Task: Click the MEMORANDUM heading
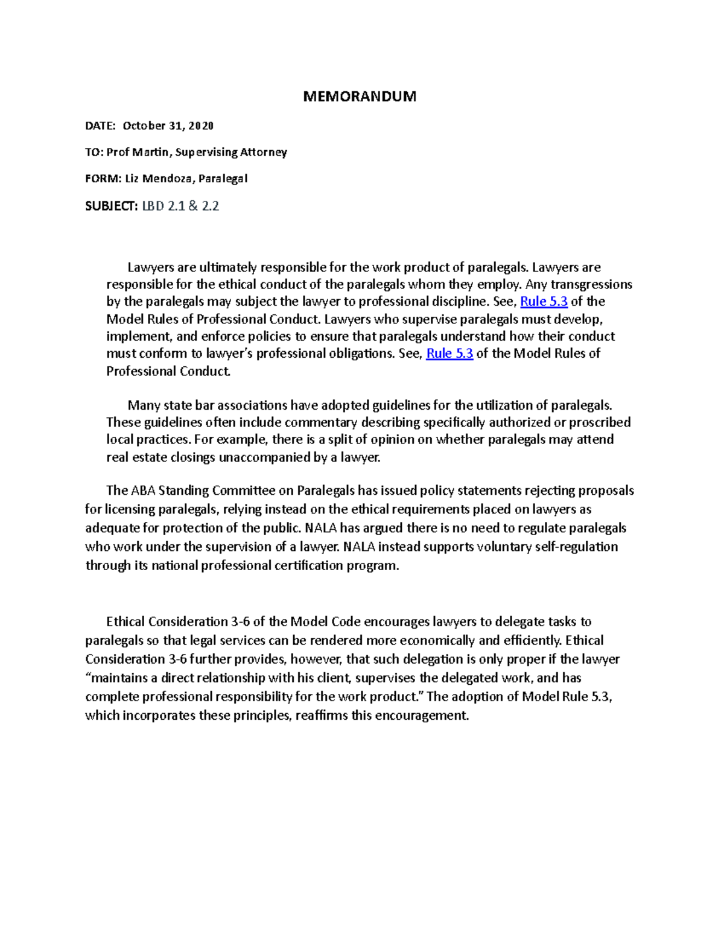[x=360, y=97]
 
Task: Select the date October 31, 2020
[x=168, y=125]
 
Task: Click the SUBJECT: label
[x=112, y=206]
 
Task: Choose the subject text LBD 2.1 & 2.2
[x=180, y=206]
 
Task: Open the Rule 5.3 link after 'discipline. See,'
[x=544, y=302]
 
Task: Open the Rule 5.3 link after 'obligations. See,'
[x=449, y=354]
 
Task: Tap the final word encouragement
[x=422, y=716]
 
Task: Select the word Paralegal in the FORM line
[x=227, y=179]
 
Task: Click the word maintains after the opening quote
[x=120, y=678]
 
